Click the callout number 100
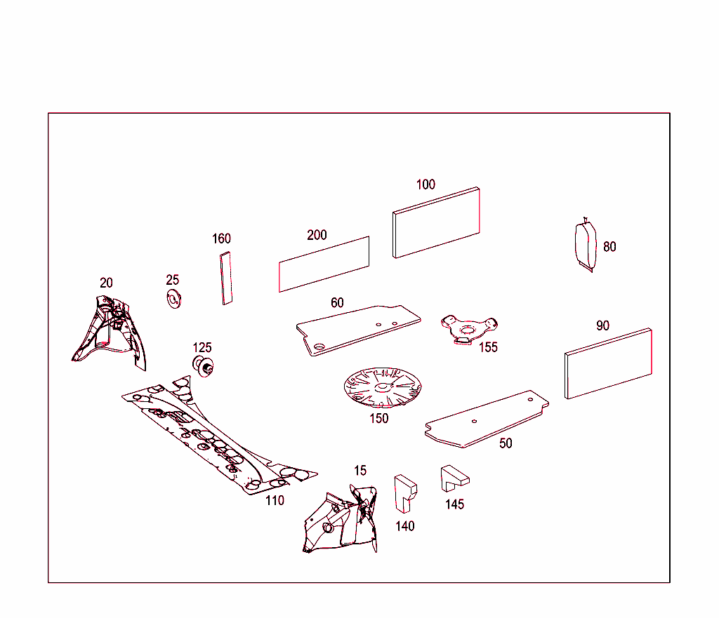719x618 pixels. pyautogui.click(x=426, y=184)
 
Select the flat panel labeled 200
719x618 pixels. pyautogui.click(x=324, y=264)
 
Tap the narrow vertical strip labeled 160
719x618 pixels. pyautogui.click(x=226, y=278)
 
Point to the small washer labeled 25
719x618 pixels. pyautogui.click(x=174, y=299)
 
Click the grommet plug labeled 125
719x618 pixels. pyautogui.click(x=203, y=365)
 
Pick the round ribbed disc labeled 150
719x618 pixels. pyautogui.click(x=382, y=388)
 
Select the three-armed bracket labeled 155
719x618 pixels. pyautogui.click(x=469, y=329)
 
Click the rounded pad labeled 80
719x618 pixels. pyautogui.click(x=586, y=245)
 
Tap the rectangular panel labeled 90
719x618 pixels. pyautogui.click(x=608, y=363)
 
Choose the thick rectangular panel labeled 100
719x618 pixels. pyautogui.click(x=436, y=222)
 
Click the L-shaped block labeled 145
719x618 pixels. pyautogui.click(x=454, y=478)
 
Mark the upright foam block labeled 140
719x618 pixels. pyautogui.click(x=405, y=493)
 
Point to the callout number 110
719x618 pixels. pyautogui.click(x=275, y=501)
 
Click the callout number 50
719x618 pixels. pyautogui.click(x=506, y=443)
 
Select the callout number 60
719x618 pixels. pyautogui.click(x=337, y=303)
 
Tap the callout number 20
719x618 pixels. pyautogui.click(x=106, y=283)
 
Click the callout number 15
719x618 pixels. pyautogui.click(x=360, y=471)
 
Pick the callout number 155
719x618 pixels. pyautogui.click(x=489, y=347)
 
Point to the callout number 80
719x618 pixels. pyautogui.click(x=609, y=247)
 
